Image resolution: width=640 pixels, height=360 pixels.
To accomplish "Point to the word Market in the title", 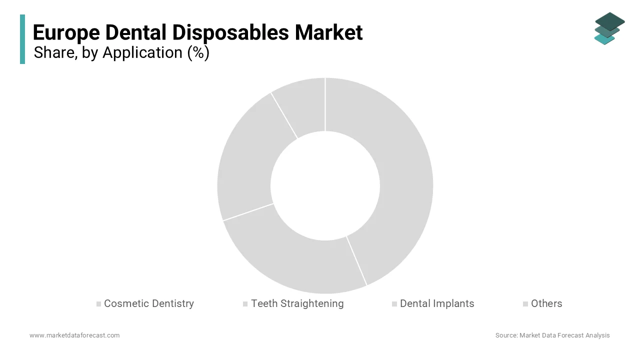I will coord(328,32).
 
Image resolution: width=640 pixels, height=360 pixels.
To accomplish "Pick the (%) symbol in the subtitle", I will coord(198,52).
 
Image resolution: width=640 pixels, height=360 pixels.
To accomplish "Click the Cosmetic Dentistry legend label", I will coord(148,303).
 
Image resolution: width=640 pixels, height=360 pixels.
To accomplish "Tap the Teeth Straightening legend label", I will coord(297,303).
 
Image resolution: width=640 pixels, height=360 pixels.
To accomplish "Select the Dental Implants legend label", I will coord(437,303).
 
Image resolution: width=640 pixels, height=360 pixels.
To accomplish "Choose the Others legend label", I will coord(546,303).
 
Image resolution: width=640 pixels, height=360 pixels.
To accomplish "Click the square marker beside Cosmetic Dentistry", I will coord(99,304).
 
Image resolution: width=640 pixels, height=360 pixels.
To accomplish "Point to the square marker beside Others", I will coord(525,304).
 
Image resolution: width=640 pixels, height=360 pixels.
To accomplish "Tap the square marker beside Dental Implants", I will coord(394,304).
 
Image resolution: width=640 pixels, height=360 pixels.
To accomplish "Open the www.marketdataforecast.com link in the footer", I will coord(74,335).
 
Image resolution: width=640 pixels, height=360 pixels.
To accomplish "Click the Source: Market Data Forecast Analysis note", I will coord(552,335).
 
